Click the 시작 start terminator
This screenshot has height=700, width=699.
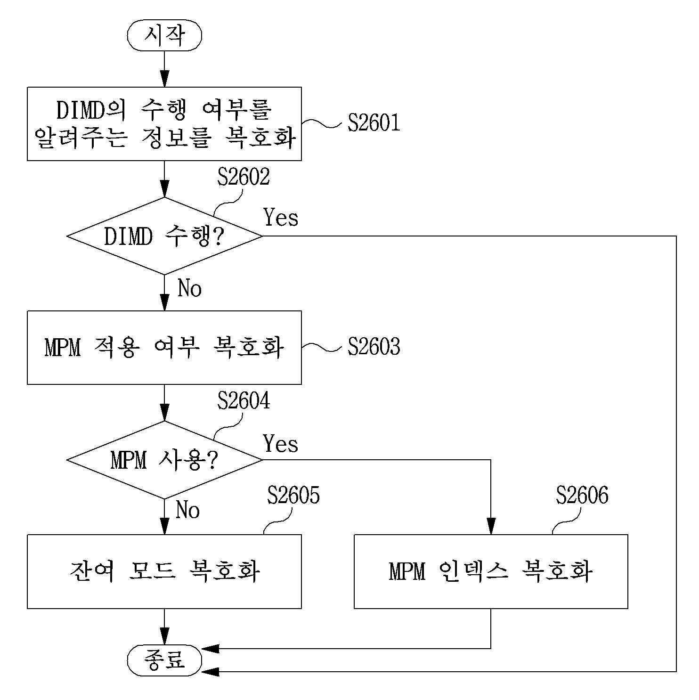click(x=164, y=35)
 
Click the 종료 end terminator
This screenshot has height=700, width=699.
click(x=164, y=660)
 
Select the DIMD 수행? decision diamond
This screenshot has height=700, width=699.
click(x=164, y=236)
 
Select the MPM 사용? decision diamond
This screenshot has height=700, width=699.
click(x=164, y=460)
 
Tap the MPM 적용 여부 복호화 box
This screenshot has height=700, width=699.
click(x=164, y=348)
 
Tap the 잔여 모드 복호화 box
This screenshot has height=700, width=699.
click(x=164, y=571)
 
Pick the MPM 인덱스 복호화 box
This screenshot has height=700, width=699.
click(x=491, y=571)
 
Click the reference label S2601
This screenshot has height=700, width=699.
click(x=374, y=122)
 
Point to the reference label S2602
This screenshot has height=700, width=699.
click(x=244, y=177)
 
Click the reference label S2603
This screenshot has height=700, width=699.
click(x=374, y=347)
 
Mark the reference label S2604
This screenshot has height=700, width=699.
click(x=244, y=401)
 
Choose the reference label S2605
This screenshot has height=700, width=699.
click(x=293, y=495)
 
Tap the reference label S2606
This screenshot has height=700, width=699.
click(x=582, y=495)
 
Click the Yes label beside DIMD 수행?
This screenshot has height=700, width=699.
click(x=281, y=217)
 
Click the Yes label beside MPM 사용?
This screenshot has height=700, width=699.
click(x=281, y=444)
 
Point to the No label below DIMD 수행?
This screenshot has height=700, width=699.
click(x=189, y=288)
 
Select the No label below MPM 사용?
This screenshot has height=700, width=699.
click(x=187, y=510)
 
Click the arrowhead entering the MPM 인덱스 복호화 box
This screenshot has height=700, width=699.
click(x=491, y=527)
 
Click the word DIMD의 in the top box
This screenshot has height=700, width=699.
click(x=91, y=110)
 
